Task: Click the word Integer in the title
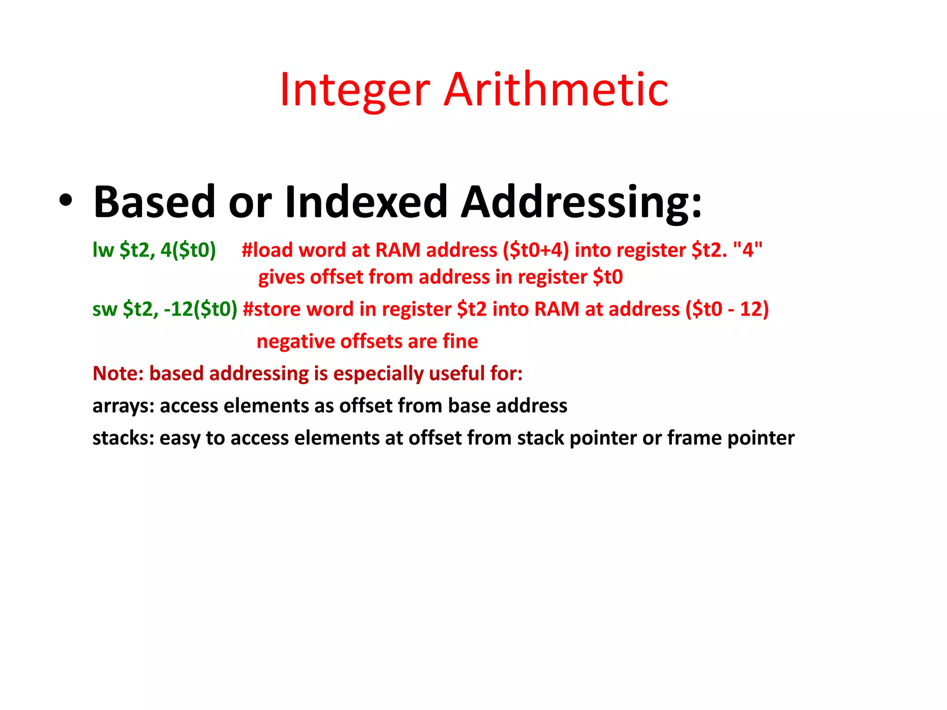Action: click(x=355, y=90)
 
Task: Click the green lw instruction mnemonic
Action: click(x=103, y=250)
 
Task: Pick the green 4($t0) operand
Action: click(x=188, y=250)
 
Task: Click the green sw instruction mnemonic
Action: click(x=105, y=309)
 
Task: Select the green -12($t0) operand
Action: click(x=200, y=309)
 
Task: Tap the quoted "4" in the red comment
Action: click(x=748, y=250)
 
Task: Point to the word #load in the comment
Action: click(x=267, y=250)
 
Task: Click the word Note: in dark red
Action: click(x=118, y=373)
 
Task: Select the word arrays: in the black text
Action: click(x=123, y=406)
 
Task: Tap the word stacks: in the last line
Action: click(x=123, y=438)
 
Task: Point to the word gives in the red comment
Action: click(x=281, y=277)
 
